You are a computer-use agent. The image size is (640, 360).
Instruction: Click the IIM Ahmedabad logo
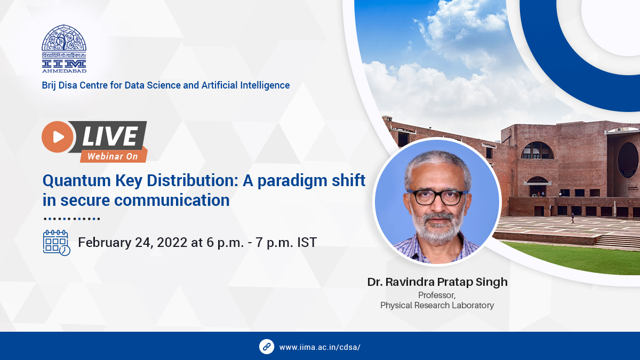64,49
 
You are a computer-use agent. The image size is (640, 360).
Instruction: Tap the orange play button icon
57,137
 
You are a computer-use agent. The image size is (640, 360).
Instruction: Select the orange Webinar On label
112,156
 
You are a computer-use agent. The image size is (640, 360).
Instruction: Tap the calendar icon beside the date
56,243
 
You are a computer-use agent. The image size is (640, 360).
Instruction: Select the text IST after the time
306,243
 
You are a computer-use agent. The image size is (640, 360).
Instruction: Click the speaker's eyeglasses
437,196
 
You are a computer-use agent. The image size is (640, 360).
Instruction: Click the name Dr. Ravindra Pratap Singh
437,282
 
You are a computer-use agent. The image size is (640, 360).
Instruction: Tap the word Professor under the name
437,295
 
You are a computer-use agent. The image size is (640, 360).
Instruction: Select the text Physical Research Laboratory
437,306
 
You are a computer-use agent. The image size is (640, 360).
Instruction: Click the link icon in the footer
267,347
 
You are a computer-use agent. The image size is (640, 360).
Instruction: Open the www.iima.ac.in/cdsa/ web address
320,347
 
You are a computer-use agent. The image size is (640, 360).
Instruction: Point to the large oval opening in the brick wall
628,160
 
